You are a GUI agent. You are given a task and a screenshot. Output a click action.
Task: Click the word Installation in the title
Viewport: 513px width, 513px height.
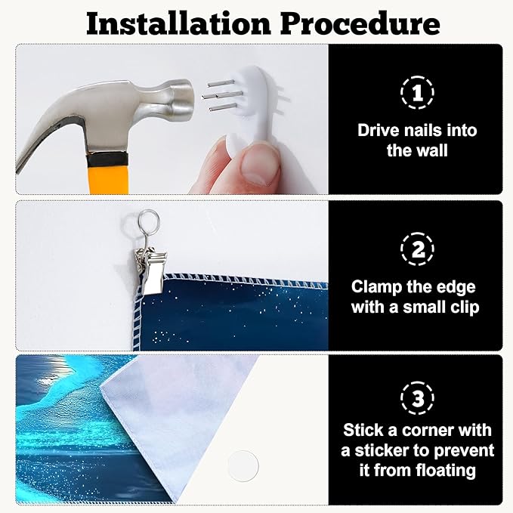tap(178, 23)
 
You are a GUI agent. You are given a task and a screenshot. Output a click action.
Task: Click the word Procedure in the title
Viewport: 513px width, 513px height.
tap(360, 23)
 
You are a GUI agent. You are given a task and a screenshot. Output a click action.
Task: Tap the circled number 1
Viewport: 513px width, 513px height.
tap(417, 93)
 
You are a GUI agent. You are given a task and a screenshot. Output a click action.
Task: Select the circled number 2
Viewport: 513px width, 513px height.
tap(417, 249)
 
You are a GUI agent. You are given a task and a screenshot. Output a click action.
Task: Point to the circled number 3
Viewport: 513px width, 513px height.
tap(417, 398)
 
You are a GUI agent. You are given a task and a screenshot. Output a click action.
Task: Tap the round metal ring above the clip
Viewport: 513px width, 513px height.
tap(149, 220)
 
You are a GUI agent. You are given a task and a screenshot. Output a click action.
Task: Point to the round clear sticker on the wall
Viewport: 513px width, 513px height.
tap(243, 466)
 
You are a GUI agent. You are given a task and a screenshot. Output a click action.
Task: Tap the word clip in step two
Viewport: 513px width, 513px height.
tap(465, 307)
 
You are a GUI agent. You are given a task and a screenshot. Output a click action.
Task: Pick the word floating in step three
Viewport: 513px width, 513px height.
tap(446, 471)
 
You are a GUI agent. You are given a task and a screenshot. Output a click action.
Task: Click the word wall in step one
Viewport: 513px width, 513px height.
tap(433, 150)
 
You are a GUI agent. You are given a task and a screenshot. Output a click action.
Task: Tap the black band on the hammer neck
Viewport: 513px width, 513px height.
tap(107, 159)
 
